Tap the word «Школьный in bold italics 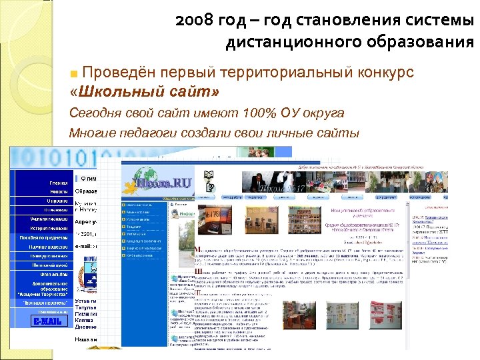point(111,90)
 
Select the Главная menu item point(58,181)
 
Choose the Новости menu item point(58,191)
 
